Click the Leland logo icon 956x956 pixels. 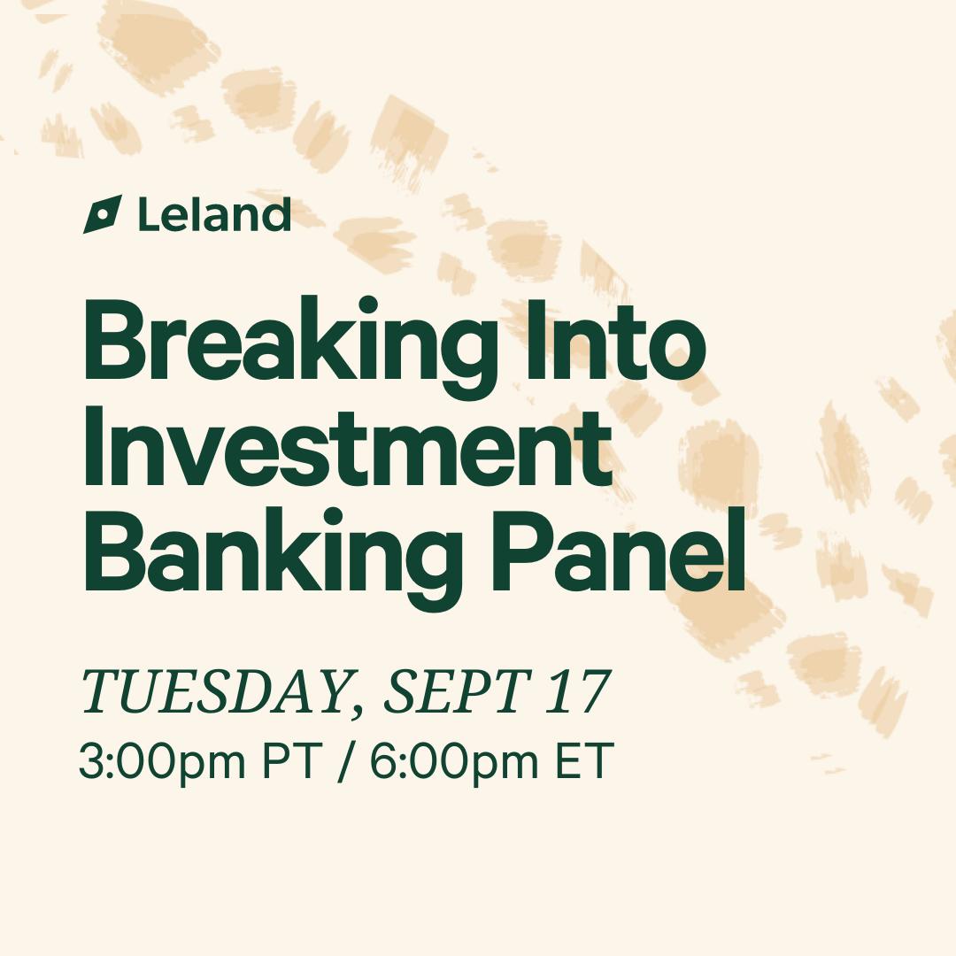tap(103, 214)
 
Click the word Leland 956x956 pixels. tap(214, 214)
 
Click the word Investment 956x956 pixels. tap(348, 446)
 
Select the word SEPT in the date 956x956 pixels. tap(457, 691)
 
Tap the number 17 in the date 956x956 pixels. tap(577, 691)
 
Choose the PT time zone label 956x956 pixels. tap(291, 760)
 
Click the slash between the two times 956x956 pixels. tap(346, 762)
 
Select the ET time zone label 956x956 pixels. tap(584, 760)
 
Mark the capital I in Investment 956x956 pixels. tap(93, 446)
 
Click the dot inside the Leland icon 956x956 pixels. tap(103, 214)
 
